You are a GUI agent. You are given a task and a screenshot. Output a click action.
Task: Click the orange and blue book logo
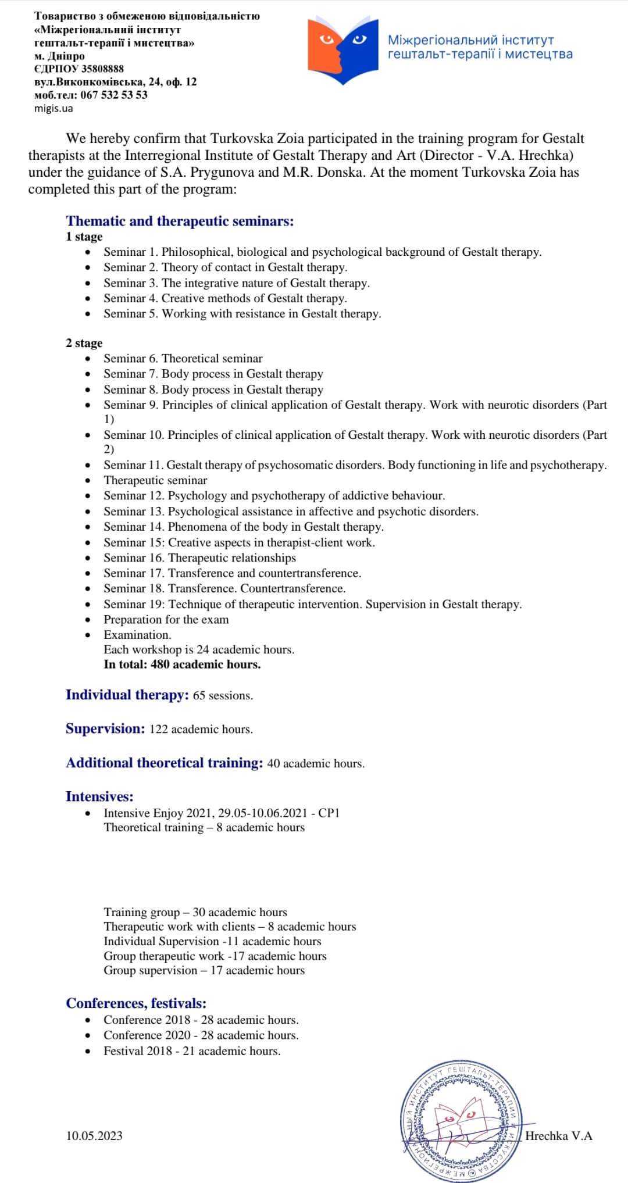coord(343,50)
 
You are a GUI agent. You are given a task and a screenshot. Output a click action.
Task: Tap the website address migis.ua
coord(53,108)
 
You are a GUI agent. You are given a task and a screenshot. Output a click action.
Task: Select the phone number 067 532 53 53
coord(114,95)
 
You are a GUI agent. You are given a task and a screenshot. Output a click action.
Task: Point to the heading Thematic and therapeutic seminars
coord(180,221)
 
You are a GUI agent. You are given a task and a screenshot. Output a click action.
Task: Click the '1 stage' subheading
coord(84,237)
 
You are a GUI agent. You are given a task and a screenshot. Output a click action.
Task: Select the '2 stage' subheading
coord(84,343)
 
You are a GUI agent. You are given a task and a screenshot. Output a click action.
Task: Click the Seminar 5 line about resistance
coord(242,314)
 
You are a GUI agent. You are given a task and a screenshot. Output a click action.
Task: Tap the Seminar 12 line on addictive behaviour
coord(274,496)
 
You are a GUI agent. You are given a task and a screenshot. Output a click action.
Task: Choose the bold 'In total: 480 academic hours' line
coord(182,664)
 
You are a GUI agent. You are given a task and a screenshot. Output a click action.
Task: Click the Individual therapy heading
coord(127,695)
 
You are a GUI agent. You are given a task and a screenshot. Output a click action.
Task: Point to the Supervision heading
coord(105,729)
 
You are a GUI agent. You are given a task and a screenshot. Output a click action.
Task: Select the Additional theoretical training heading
coord(165,763)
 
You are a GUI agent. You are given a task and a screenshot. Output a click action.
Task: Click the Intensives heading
coord(99,796)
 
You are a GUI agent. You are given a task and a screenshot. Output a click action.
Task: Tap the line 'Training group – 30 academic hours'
coord(195,912)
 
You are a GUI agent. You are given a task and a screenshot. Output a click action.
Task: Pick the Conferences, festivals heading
coord(136,1003)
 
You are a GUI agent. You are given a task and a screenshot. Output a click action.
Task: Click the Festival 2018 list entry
coord(192,1051)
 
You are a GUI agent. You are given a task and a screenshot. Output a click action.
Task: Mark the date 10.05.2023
coord(94,1135)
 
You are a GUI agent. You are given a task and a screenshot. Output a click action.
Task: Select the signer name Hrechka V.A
coord(558,1135)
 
